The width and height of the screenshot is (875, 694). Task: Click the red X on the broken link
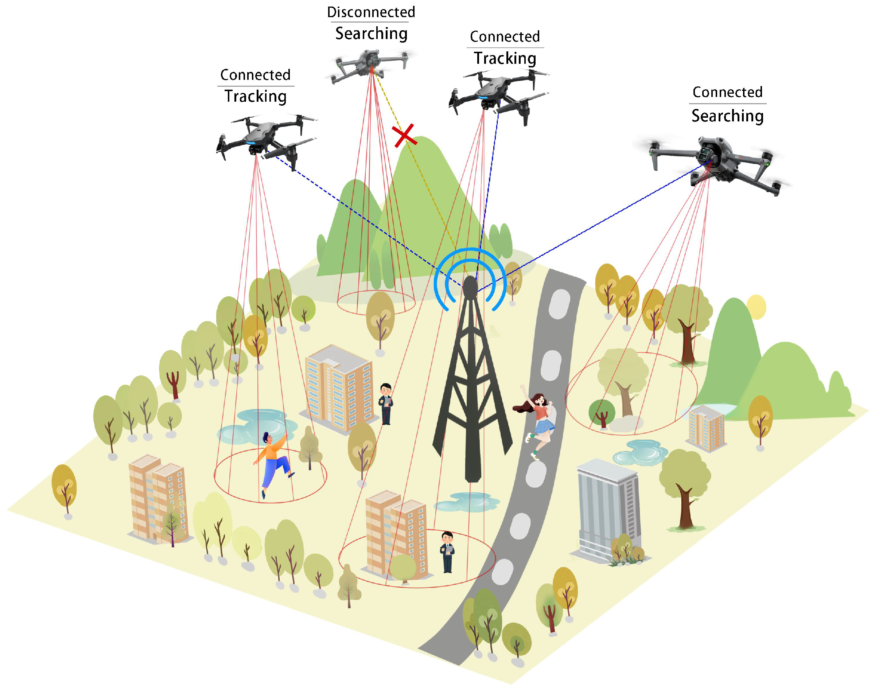[x=404, y=135]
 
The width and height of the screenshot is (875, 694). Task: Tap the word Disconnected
[x=371, y=12]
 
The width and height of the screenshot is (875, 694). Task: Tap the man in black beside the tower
[x=386, y=403]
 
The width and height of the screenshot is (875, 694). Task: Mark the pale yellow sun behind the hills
[x=756, y=307]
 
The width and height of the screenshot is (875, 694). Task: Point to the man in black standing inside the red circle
[x=447, y=552]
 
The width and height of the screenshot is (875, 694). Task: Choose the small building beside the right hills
[x=706, y=429]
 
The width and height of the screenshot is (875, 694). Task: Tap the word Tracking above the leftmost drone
[x=256, y=97]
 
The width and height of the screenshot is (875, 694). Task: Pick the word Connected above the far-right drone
[x=727, y=93]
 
